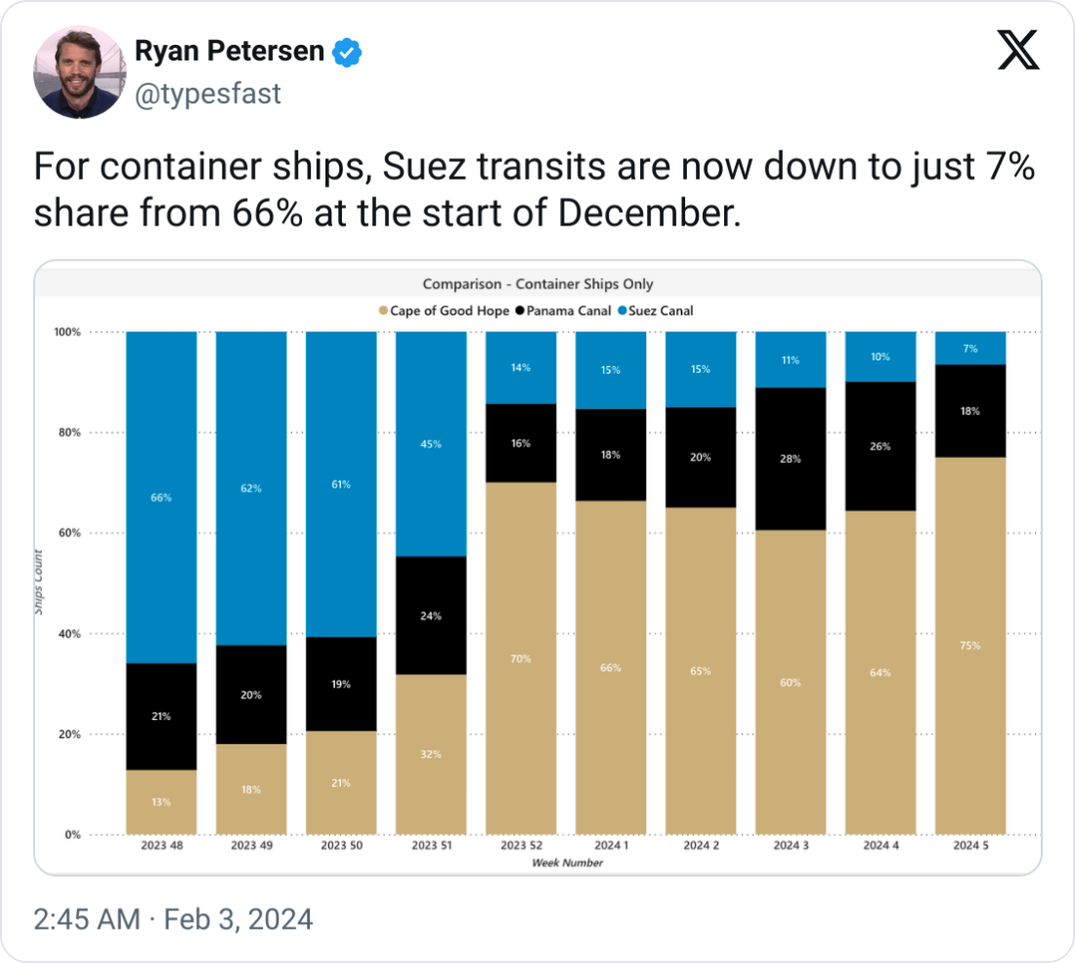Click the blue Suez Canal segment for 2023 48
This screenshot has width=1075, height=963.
click(x=161, y=497)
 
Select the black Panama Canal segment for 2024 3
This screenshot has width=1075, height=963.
click(x=791, y=459)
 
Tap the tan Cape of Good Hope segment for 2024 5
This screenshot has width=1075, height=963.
click(x=970, y=646)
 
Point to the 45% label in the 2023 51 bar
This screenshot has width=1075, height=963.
click(x=431, y=444)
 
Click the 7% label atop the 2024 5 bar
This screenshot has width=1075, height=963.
click(x=970, y=349)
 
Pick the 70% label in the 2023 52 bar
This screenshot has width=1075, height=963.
click(x=521, y=659)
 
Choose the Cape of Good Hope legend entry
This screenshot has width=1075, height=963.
click(x=444, y=311)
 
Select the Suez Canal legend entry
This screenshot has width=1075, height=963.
click(x=654, y=311)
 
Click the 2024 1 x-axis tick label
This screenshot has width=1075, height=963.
click(x=611, y=845)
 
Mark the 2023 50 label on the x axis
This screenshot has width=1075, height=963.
click(x=341, y=845)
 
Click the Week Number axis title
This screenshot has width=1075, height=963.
click(x=567, y=862)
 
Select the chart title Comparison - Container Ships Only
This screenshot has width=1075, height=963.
click(x=537, y=284)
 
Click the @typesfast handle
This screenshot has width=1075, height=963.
click(x=207, y=93)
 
